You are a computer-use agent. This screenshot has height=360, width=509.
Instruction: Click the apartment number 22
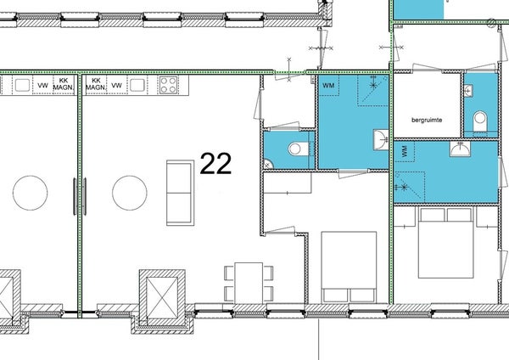215,163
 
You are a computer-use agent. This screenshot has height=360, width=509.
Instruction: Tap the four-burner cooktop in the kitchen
168,85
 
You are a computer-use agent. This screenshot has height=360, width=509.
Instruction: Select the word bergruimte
427,120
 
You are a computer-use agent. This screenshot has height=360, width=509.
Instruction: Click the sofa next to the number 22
180,193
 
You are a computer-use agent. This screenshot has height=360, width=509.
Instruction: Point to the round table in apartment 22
130,193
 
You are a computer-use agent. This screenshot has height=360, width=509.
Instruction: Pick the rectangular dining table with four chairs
249,283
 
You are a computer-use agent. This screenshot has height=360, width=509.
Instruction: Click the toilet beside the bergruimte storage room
480,121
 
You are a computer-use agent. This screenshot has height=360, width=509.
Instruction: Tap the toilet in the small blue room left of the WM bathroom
298,149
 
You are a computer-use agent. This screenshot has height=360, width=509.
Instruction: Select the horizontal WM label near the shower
328,86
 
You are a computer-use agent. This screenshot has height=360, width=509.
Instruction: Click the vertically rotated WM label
405,152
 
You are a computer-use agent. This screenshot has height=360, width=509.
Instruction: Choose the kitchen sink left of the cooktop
137,85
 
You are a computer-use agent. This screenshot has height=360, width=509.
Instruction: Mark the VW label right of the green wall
116,86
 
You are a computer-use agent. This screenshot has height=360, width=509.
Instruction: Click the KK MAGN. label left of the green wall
64,84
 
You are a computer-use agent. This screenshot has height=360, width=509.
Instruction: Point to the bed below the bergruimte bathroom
445,243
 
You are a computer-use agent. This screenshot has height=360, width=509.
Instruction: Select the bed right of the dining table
349,267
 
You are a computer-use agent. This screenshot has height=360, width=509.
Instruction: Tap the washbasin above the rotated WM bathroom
460,149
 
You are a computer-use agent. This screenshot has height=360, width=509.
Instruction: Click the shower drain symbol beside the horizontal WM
373,85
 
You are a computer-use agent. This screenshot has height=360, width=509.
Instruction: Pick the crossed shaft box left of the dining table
162,297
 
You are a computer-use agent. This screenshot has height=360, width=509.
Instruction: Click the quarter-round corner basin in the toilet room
268,164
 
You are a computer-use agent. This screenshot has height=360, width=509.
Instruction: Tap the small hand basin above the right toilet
467,91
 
